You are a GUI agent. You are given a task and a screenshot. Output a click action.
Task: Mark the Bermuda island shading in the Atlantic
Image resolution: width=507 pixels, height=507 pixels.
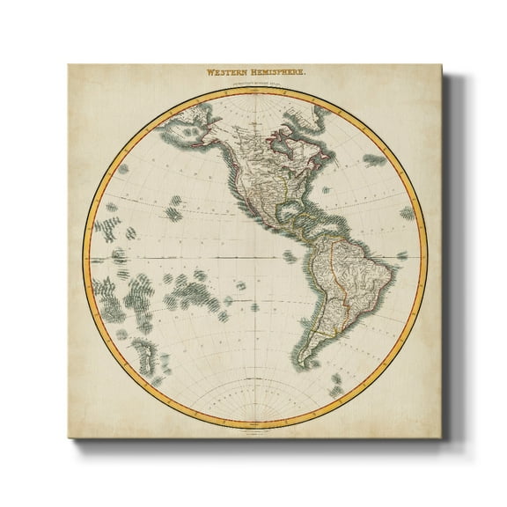(x=374, y=159)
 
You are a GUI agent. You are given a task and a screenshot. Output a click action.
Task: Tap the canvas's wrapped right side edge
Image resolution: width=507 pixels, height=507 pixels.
(x=448, y=255)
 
